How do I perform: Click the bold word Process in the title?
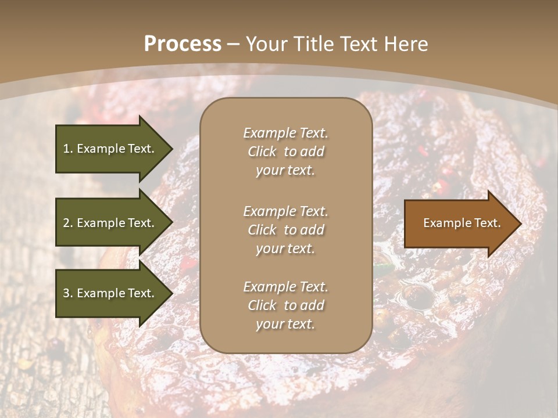(183, 44)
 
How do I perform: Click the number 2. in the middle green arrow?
(68, 223)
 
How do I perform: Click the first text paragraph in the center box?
(285, 152)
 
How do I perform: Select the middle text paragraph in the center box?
(285, 230)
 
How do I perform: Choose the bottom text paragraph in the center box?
(285, 305)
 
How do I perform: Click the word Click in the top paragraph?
(262, 152)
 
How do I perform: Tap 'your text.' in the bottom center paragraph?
(285, 324)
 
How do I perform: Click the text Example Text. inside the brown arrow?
(462, 223)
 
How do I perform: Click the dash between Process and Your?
(234, 44)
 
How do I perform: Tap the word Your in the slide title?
(266, 44)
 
